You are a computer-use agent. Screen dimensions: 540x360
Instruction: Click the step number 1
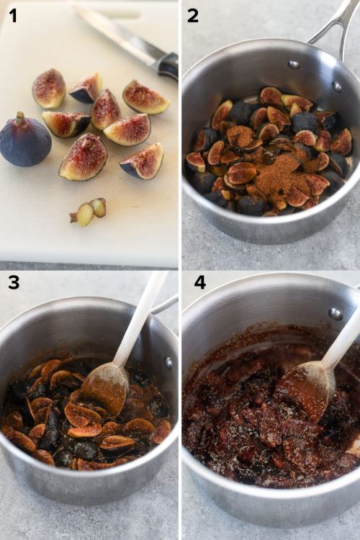13,14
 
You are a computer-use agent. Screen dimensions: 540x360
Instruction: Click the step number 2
193,14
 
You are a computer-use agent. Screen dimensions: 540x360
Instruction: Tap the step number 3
13,282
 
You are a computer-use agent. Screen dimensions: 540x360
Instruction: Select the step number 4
199,282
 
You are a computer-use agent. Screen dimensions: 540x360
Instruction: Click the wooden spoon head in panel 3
104,390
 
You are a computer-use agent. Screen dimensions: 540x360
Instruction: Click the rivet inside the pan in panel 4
335,313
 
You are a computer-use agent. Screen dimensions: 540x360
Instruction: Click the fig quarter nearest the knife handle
146,97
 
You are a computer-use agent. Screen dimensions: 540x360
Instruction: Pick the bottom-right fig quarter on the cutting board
143,162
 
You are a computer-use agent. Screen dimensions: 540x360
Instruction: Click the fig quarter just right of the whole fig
65,123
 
